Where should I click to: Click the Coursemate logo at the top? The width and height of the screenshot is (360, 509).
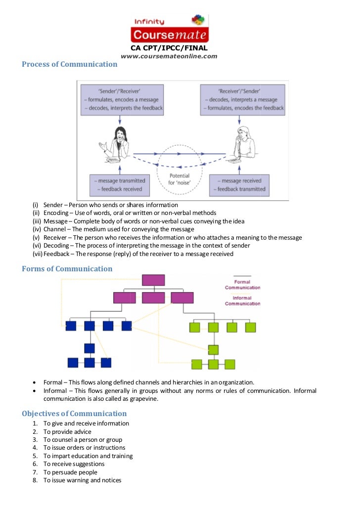(170, 29)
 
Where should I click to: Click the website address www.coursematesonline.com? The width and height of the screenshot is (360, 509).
(169, 56)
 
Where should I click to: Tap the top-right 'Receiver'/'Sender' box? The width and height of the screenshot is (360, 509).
(242, 100)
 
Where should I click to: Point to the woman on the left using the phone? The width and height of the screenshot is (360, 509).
(115, 144)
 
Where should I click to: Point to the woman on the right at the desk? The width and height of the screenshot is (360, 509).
(242, 145)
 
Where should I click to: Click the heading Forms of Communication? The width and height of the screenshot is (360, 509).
(67, 269)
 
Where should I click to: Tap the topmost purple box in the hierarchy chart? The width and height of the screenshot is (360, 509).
(153, 280)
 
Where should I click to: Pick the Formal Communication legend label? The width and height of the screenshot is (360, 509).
(242, 285)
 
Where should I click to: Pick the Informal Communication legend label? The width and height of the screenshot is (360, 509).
(242, 300)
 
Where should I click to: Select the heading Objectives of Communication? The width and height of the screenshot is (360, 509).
(74, 414)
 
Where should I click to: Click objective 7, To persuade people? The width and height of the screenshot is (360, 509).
(70, 472)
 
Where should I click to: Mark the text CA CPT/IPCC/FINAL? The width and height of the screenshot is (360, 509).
(169, 48)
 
